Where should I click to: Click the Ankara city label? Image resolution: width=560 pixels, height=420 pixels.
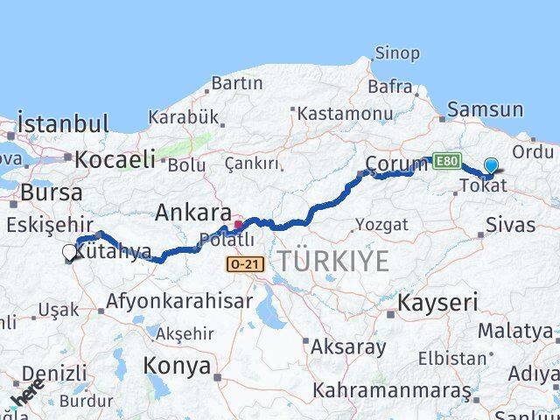point(193,213)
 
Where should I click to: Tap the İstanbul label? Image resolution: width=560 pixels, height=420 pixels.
point(63,123)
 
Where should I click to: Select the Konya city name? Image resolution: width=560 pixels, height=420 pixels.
point(178,366)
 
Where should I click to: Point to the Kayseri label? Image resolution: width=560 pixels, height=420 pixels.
point(438,304)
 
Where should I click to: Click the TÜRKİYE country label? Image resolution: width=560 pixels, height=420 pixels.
point(333,260)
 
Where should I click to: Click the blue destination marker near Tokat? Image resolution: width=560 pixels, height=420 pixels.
point(491,166)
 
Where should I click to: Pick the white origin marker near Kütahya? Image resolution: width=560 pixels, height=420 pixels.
point(70,253)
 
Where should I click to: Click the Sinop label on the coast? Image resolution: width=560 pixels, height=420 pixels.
point(397,53)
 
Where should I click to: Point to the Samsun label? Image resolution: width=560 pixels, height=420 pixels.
point(485,110)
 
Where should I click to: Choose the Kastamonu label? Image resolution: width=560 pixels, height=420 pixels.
point(344,114)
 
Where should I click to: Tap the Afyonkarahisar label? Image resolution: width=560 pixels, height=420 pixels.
point(179,301)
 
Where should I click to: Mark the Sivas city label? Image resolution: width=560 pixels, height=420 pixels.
point(512,225)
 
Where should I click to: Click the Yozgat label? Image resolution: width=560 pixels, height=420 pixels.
point(383,225)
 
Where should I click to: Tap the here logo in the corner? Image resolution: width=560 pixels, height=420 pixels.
point(28,396)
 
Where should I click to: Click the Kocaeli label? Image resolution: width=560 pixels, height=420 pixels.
point(115,159)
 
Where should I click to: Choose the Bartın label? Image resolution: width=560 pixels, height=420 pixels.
point(237,84)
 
